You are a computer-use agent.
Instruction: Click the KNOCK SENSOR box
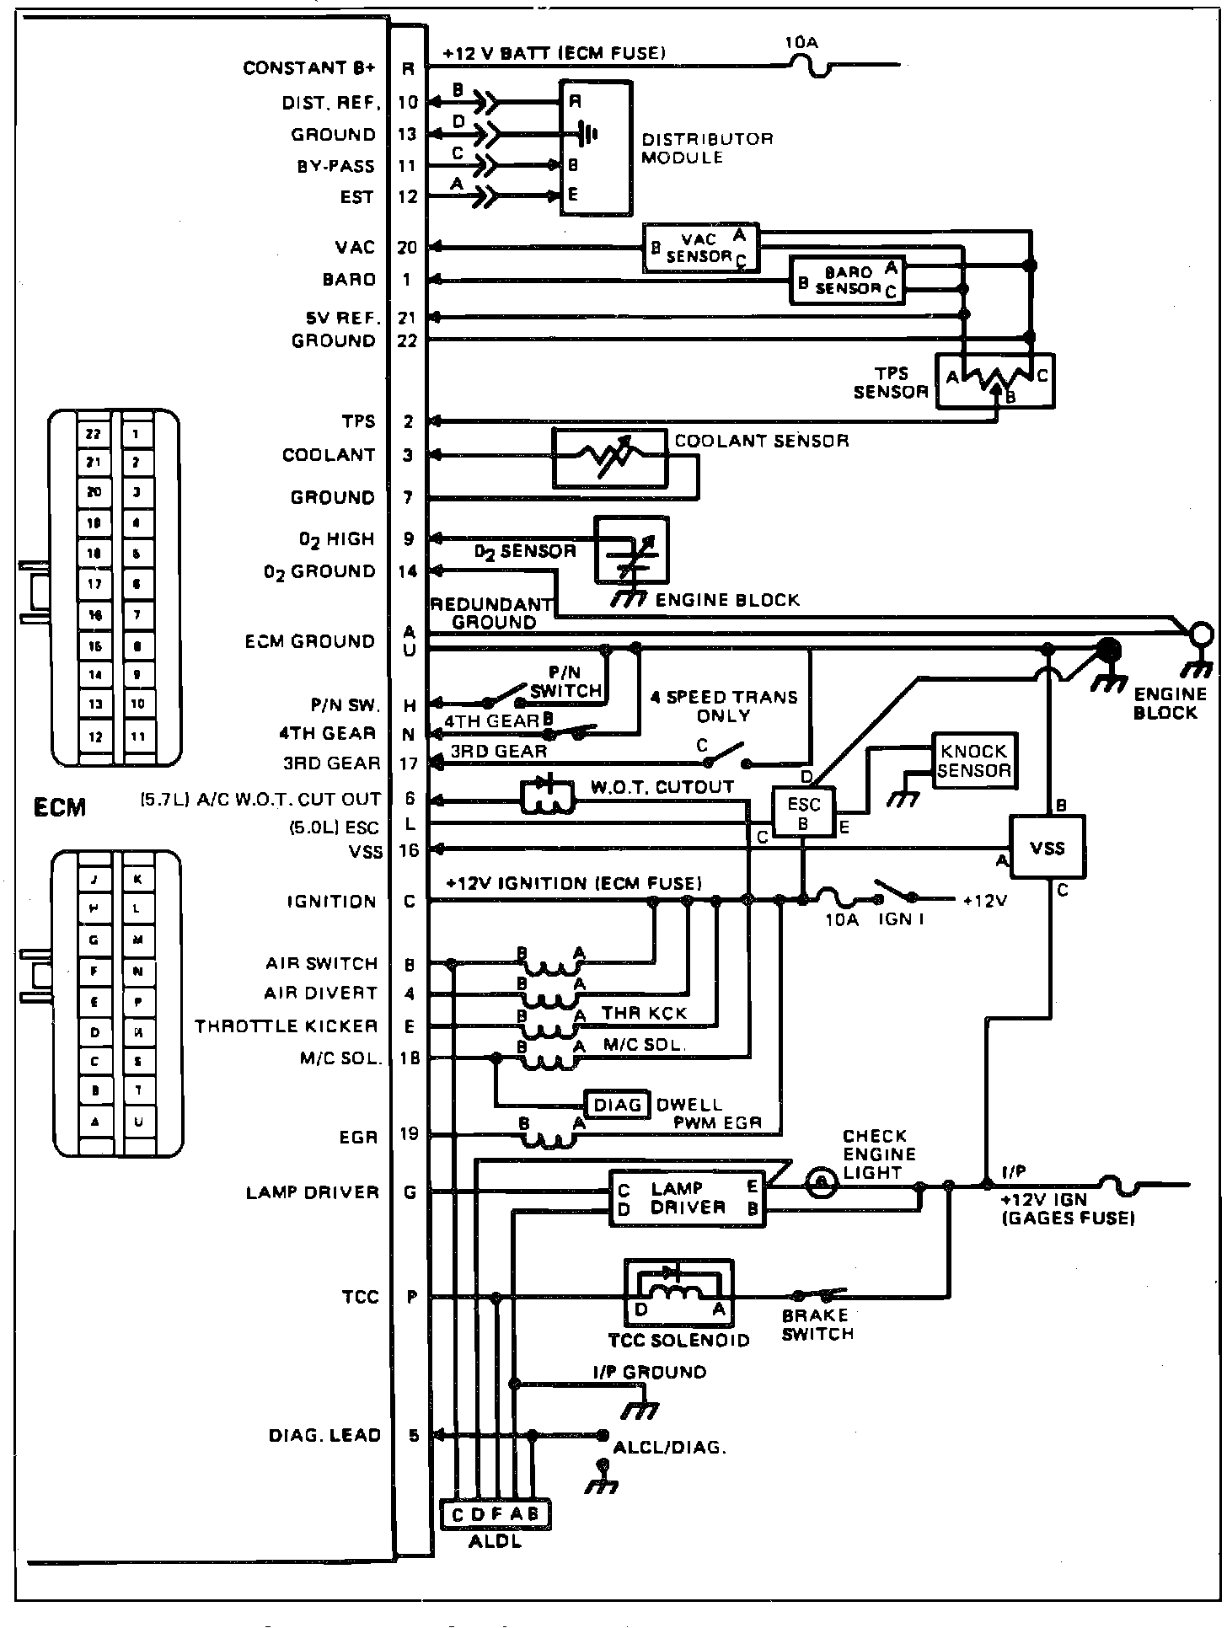[973, 760]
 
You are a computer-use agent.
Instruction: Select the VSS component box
[1048, 849]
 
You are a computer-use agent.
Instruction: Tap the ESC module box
[803, 812]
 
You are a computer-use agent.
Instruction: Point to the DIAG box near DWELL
[618, 1105]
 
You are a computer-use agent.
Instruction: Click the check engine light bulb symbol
[817, 1183]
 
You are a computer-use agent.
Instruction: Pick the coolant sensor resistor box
[609, 458]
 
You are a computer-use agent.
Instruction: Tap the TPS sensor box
[995, 382]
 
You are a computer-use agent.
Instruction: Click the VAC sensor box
[699, 248]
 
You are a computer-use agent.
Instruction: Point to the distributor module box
[596, 147]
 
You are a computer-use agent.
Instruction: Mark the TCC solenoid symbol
[678, 1294]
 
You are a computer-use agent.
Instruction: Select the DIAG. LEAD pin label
[324, 1435]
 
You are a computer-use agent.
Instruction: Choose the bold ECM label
[59, 807]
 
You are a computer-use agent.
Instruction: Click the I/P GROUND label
[648, 1373]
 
